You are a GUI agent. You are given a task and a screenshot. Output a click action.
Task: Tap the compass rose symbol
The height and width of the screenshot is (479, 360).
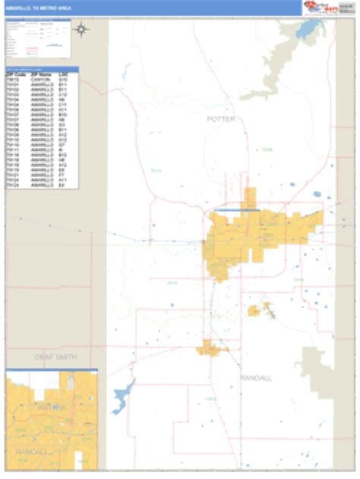(82, 30)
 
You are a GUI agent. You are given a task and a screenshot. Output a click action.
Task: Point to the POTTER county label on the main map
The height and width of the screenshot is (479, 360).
(221, 119)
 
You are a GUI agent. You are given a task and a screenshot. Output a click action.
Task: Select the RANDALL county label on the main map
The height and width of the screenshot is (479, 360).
(255, 377)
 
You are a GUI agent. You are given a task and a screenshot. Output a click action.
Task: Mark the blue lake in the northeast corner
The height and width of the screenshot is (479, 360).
(309, 30)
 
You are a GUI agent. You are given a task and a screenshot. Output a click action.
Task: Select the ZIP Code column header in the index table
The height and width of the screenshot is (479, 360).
(16, 74)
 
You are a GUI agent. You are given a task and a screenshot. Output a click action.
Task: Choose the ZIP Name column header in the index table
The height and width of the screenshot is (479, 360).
(40, 74)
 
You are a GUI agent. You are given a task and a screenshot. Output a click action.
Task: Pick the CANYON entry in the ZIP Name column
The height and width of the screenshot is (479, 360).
(40, 78)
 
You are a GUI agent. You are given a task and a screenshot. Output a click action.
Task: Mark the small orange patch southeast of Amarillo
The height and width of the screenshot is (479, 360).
(256, 310)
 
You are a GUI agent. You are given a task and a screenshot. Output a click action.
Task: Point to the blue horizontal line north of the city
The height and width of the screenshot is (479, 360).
(236, 210)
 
